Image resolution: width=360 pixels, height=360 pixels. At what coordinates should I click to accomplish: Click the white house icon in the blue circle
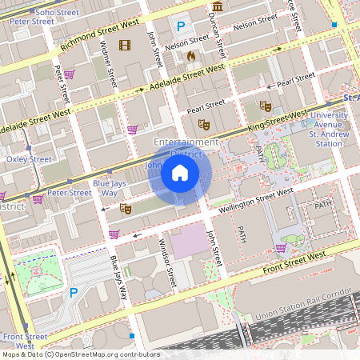180,173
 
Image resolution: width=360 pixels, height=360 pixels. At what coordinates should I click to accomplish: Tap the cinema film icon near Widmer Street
124,44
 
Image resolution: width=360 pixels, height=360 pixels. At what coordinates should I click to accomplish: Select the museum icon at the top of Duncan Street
218,6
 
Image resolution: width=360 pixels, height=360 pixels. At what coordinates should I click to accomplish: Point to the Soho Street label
32,13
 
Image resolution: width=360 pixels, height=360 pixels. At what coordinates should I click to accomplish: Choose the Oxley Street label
29,159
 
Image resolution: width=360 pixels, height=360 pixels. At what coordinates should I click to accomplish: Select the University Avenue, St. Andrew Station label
330,129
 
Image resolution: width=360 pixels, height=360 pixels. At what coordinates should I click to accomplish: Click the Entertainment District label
186,147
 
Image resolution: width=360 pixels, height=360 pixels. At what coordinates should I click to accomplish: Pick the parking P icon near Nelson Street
181,26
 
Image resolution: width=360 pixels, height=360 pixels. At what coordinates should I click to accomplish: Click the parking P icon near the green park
74,293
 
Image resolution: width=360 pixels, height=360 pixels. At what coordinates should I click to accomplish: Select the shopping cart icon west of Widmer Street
70,74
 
